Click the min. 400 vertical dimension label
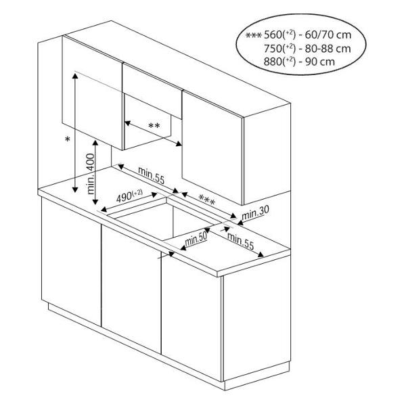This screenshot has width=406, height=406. pos(91,174)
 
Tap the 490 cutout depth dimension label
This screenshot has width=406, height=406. pos(129,196)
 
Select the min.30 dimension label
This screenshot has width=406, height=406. pos(255,212)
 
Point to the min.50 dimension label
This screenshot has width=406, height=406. pos(196,239)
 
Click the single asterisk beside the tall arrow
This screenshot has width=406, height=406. pos(68,139)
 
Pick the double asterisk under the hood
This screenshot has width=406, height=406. pos(154,126)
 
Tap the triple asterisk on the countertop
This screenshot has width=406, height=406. pos(206,200)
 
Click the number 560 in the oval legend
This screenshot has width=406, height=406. pos(273,35)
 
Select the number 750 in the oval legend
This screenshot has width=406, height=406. pos(273,49)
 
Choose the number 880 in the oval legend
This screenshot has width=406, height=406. pos(273,62)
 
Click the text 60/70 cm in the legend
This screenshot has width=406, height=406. pos(328,35)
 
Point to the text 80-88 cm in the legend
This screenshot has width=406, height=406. pos(328,49)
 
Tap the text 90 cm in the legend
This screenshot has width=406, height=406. pos(320,62)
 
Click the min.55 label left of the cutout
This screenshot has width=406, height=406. pos(151,175)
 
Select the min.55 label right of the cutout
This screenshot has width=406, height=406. pos(240,241)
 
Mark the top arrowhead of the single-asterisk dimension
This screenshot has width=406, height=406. pos(75,76)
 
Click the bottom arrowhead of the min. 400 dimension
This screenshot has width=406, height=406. pos(95,201)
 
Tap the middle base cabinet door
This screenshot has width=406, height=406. pos(131,288)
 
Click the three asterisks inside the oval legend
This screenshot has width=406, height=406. pos(254,35)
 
